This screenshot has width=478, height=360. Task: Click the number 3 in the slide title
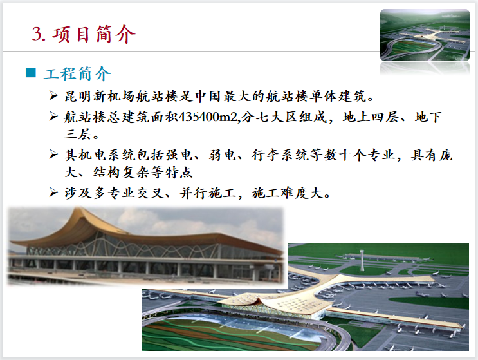tap(37, 33)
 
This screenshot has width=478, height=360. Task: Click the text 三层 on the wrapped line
tap(80, 135)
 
